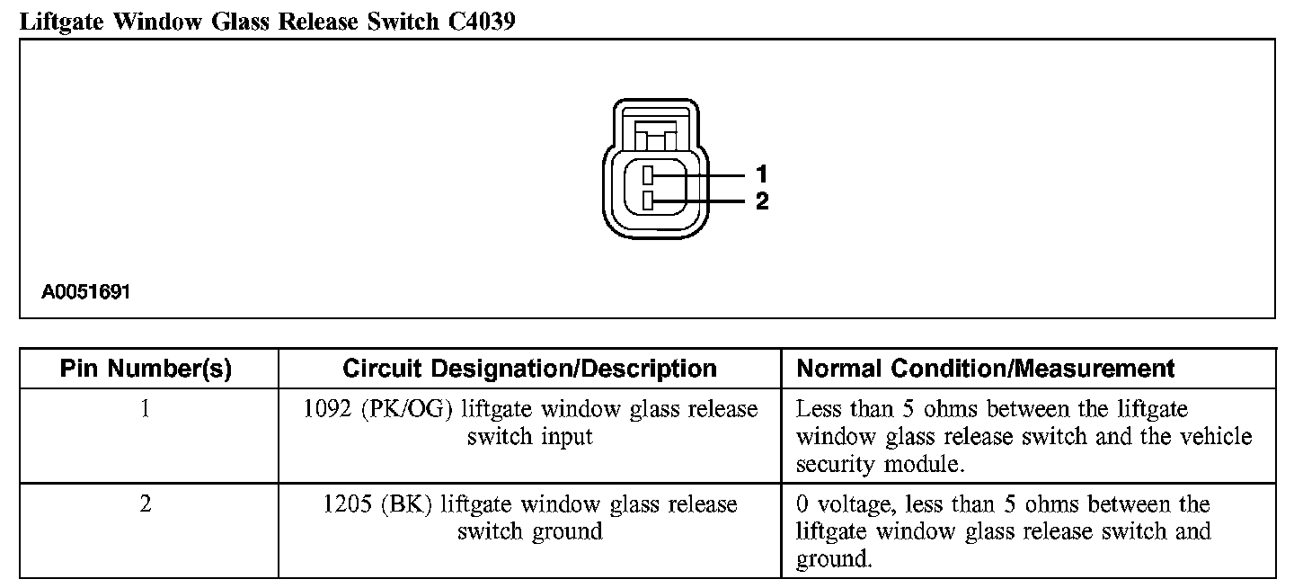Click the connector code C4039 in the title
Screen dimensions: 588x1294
(481, 21)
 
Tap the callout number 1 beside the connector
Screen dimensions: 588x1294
(762, 174)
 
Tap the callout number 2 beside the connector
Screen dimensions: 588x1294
(762, 201)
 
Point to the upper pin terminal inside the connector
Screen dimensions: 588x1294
(648, 174)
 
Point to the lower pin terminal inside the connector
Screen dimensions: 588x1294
(648, 201)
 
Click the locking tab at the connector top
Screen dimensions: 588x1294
(654, 135)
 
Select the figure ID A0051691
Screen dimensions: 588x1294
(86, 292)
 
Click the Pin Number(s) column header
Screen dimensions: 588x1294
(146, 369)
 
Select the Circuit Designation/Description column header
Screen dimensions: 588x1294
(529, 369)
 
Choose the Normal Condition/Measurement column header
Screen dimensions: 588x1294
(986, 369)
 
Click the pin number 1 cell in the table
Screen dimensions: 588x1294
(146, 409)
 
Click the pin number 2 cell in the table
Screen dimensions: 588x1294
(146, 504)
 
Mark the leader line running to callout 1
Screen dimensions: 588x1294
(710, 174)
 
